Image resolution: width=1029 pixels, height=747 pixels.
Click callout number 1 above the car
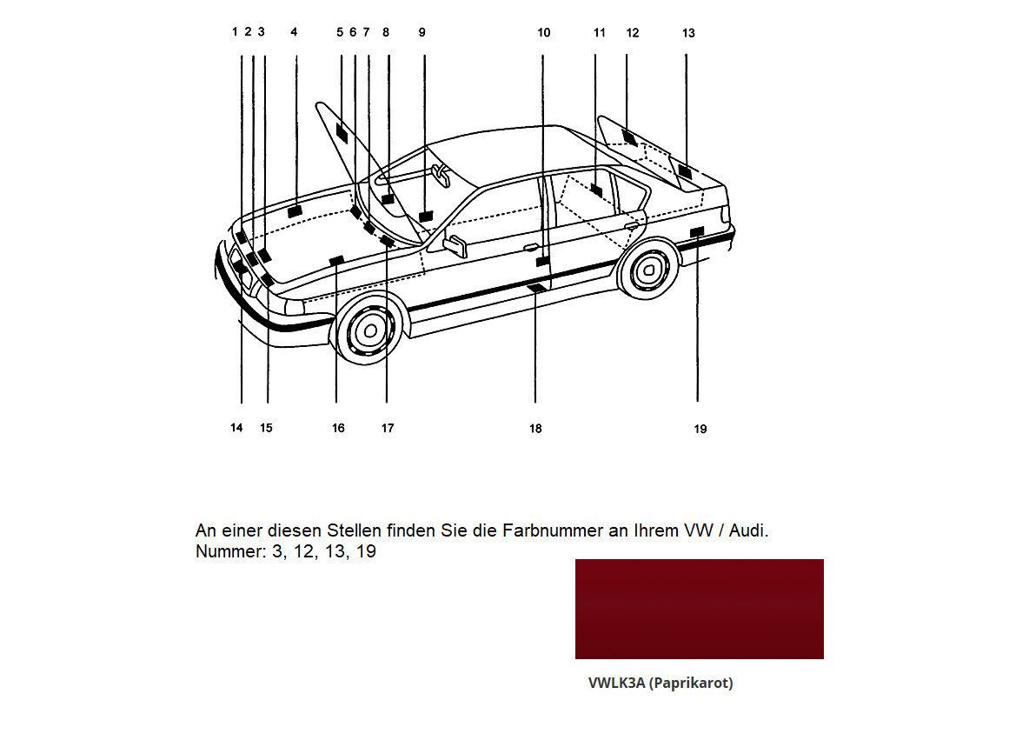click(235, 32)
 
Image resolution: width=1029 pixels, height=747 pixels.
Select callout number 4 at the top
click(294, 32)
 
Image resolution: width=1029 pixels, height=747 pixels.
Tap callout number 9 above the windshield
click(422, 32)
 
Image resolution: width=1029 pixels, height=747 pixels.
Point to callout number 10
click(543, 33)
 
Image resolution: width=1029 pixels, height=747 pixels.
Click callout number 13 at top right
click(688, 33)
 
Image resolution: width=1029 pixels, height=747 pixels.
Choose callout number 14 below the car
click(236, 428)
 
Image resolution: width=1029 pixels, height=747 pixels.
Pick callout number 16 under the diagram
click(338, 428)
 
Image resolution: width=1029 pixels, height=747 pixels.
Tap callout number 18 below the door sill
click(535, 429)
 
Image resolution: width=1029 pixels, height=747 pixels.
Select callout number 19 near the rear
click(700, 429)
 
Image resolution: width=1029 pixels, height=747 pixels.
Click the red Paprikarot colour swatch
click(699, 609)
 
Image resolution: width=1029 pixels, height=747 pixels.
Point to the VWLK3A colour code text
click(616, 684)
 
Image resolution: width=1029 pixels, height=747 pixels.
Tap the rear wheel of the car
click(647, 270)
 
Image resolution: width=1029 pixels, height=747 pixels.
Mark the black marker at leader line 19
click(696, 231)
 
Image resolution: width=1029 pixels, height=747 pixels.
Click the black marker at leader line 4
click(295, 210)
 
